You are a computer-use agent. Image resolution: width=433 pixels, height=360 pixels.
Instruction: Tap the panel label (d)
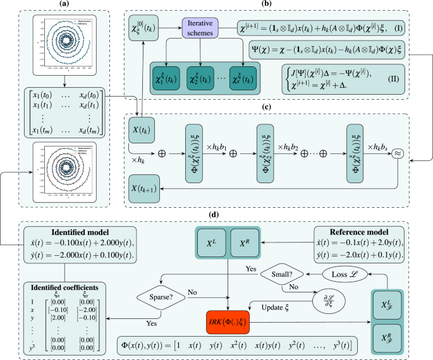point(215,215)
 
